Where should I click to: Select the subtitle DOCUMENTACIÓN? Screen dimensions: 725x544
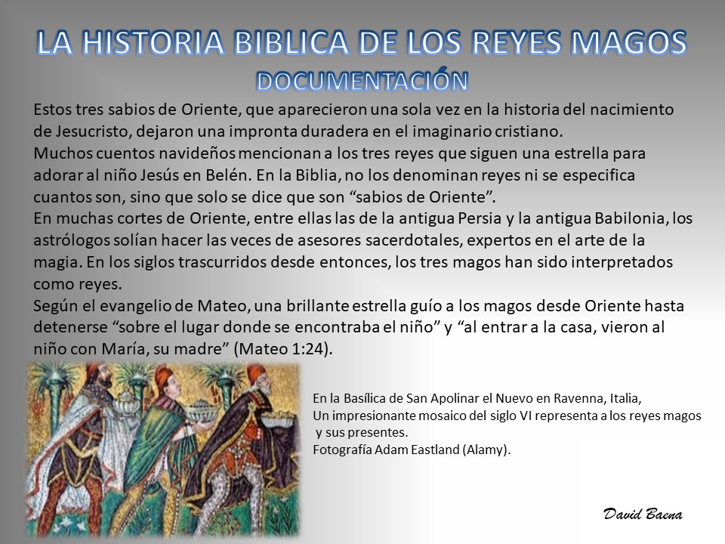(x=362, y=81)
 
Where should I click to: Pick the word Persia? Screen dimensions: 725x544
(x=480, y=218)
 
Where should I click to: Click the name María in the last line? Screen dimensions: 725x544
(x=123, y=349)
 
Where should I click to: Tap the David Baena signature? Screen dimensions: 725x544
(x=643, y=514)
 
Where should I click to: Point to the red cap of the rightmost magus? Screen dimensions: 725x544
(x=255, y=372)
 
